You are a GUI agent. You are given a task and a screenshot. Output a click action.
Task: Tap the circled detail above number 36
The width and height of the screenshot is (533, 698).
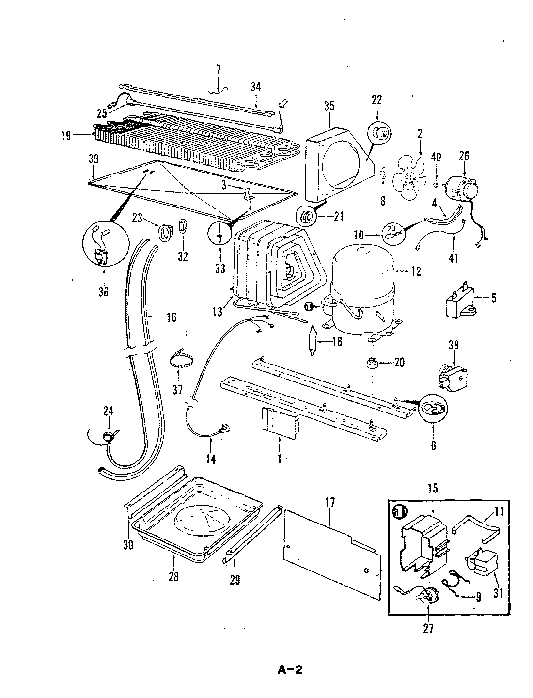click(x=104, y=248)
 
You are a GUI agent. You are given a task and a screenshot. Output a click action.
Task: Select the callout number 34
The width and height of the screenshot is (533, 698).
click(x=256, y=87)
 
